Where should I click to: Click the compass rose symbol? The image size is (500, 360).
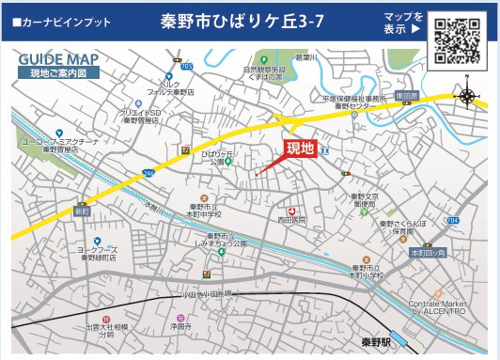pyautogui.click(x=468, y=96)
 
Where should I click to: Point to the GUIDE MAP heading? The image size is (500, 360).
pyautogui.click(x=57, y=59)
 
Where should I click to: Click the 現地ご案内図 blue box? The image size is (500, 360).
pyautogui.click(x=57, y=72)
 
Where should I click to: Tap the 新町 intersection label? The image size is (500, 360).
pyautogui.click(x=82, y=213)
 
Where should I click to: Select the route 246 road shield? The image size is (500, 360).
pyautogui.click(x=148, y=174)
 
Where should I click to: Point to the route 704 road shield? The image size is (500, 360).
pyautogui.click(x=452, y=220)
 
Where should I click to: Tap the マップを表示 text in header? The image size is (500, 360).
pyautogui.click(x=402, y=23)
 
